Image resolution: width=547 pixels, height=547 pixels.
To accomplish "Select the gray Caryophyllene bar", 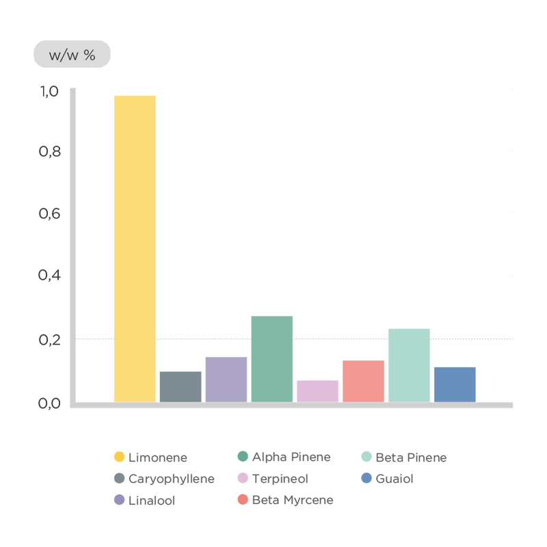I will (181, 386).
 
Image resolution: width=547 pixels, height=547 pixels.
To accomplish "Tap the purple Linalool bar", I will (226, 379).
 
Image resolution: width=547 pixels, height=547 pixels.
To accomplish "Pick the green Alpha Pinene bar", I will (272, 358).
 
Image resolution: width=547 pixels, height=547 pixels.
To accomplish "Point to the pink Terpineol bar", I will (317, 390).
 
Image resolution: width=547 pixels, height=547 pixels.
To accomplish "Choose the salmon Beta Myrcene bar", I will (363, 381).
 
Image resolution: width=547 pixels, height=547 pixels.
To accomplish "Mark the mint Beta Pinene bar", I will (409, 364).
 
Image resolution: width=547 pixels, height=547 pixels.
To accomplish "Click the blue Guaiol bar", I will (455, 384).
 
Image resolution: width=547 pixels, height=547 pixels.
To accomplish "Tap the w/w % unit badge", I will (72, 55).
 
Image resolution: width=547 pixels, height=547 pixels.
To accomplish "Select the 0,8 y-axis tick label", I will (50, 152).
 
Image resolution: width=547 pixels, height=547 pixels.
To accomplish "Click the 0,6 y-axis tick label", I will (50, 214).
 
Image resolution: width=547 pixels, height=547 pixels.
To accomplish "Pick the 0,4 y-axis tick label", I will (50, 276).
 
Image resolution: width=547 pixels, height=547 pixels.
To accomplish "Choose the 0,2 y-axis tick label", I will (50, 339).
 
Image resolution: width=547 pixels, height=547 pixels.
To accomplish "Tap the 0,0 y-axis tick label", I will (50, 403).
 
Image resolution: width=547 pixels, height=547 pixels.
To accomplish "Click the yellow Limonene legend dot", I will (119, 457).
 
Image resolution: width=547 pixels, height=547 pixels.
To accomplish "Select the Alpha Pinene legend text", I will (292, 457).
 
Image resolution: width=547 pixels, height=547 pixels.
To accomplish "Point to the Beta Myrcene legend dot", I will (242, 500).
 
